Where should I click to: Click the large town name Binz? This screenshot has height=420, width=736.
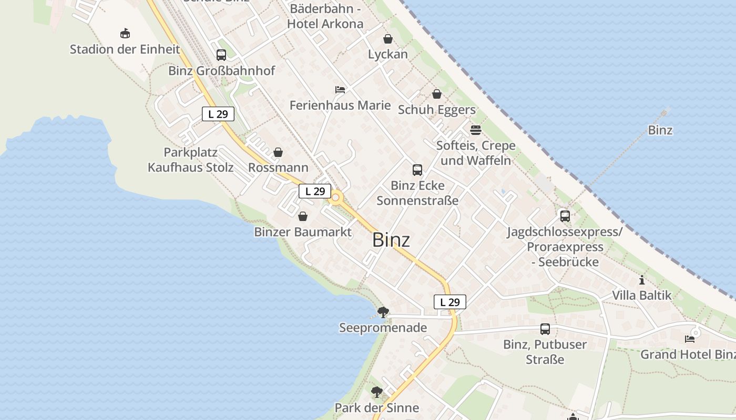pyautogui.click(x=391, y=240)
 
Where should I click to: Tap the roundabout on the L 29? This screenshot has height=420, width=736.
pyautogui.click(x=336, y=198)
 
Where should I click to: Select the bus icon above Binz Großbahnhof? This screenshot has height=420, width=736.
pyautogui.click(x=221, y=55)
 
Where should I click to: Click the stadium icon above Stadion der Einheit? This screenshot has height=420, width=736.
pyautogui.click(x=125, y=34)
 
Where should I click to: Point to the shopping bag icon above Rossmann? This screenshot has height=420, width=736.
pyautogui.click(x=278, y=152)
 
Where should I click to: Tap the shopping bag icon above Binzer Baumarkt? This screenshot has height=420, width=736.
pyautogui.click(x=303, y=216)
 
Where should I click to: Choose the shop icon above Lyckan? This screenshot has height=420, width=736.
pyautogui.click(x=388, y=39)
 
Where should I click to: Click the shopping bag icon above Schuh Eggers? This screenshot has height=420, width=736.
pyautogui.click(x=437, y=94)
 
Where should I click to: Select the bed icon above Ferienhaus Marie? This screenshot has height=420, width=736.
pyautogui.click(x=340, y=90)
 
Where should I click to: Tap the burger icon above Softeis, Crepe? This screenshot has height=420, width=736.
pyautogui.click(x=476, y=130)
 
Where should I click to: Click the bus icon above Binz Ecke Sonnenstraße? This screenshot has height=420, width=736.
pyautogui.click(x=417, y=170)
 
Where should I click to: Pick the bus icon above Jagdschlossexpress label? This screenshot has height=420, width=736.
pyautogui.click(x=565, y=216)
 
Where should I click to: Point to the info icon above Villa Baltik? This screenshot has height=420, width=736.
pyautogui.click(x=641, y=280)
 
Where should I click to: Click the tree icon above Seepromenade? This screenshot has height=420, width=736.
pyautogui.click(x=383, y=312)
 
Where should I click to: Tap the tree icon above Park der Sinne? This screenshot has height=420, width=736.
pyautogui.click(x=377, y=392)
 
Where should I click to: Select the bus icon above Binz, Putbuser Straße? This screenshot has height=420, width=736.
pyautogui.click(x=545, y=329)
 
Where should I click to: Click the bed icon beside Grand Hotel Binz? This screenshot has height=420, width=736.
pyautogui.click(x=690, y=339)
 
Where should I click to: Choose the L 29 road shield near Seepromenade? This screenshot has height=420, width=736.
pyautogui.click(x=450, y=302)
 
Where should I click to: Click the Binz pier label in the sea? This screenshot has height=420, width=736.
pyautogui.click(x=660, y=130)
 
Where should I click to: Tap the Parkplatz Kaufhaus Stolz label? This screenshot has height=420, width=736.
pyautogui.click(x=191, y=160)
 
